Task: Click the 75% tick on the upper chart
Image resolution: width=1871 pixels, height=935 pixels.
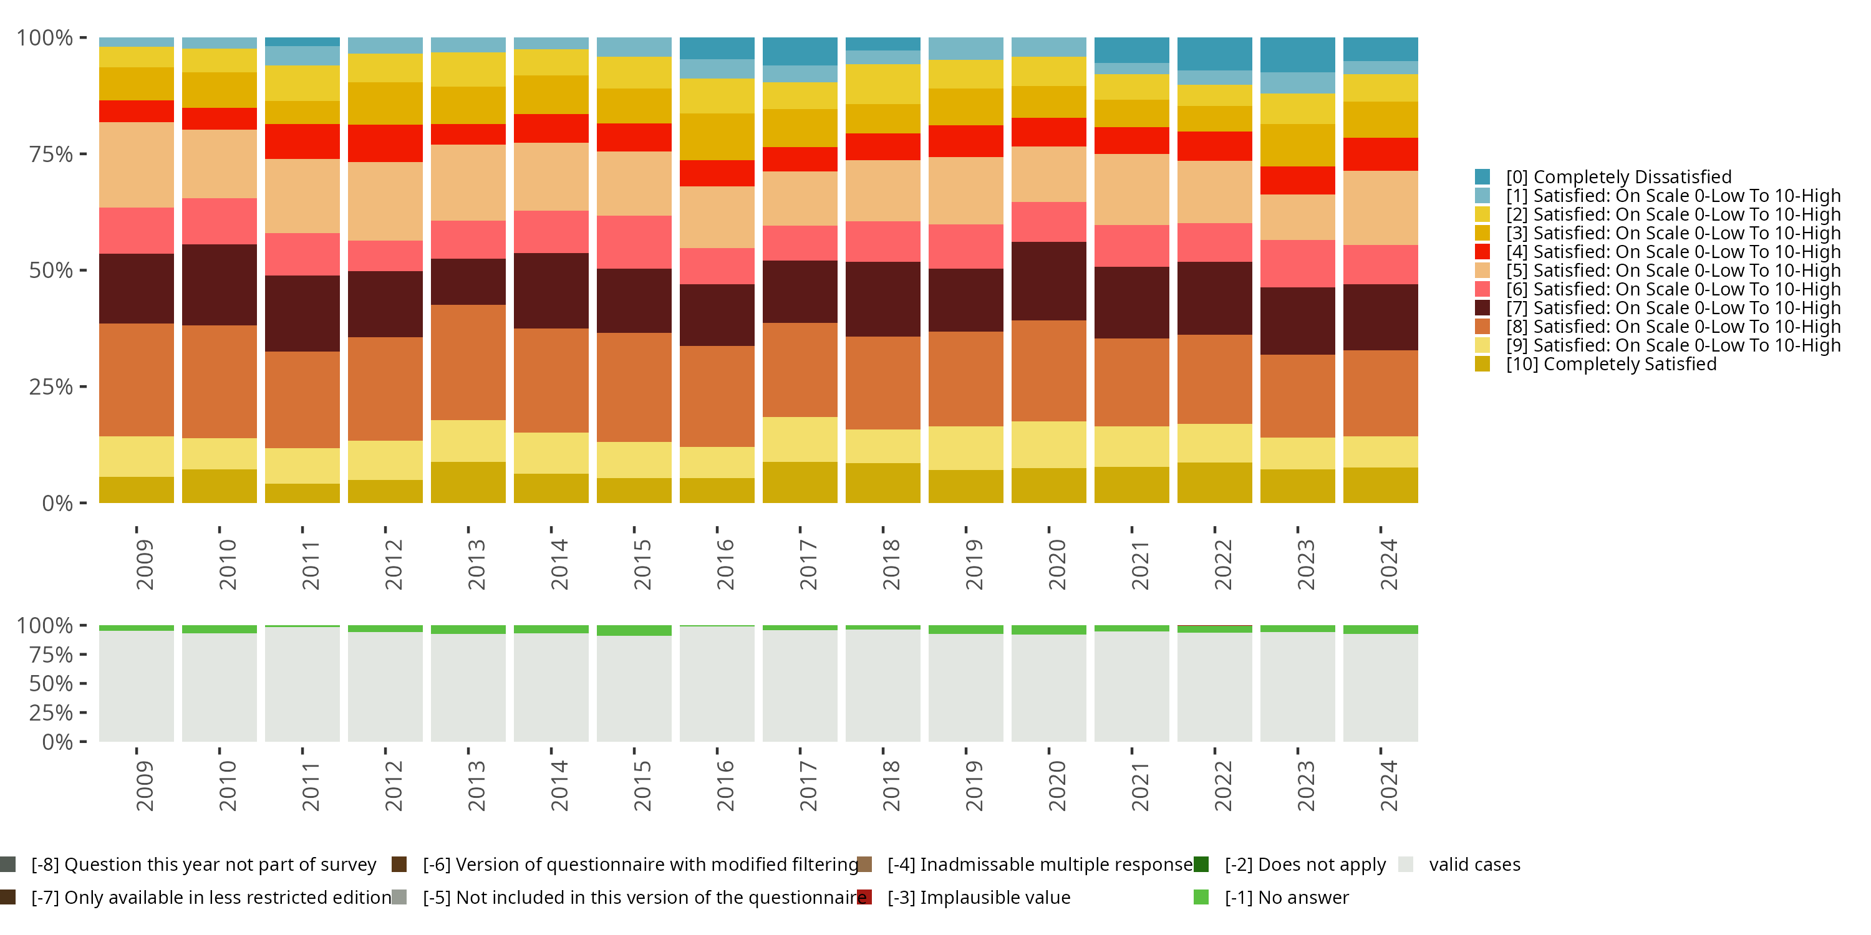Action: click(51, 154)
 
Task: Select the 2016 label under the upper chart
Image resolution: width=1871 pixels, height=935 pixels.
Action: click(725, 564)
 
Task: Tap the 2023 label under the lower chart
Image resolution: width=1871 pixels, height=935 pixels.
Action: click(1305, 785)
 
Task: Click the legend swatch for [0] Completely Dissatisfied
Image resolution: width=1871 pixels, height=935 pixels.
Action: click(1482, 176)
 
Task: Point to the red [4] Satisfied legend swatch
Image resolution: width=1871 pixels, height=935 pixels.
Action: click(1482, 252)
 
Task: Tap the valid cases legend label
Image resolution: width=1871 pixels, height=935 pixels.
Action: click(1474, 865)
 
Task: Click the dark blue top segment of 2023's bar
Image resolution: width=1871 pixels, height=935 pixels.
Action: click(1297, 54)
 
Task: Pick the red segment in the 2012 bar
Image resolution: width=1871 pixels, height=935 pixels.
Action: click(385, 143)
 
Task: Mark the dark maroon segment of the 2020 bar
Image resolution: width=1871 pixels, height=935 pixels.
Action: click(1049, 281)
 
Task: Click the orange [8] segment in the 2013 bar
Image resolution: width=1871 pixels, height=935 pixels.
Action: click(468, 362)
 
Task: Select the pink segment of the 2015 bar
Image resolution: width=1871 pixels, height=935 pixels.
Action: click(634, 242)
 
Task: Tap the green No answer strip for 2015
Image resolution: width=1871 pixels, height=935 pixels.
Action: click(634, 631)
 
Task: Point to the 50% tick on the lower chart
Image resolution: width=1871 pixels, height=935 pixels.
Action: click(51, 683)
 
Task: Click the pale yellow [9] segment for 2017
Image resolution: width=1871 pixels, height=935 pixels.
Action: click(800, 439)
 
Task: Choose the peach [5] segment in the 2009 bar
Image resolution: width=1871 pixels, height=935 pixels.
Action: click(137, 165)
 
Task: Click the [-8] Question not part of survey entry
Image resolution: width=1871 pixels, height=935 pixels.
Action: click(203, 865)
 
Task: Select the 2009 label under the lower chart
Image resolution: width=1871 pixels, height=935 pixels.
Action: click(145, 785)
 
